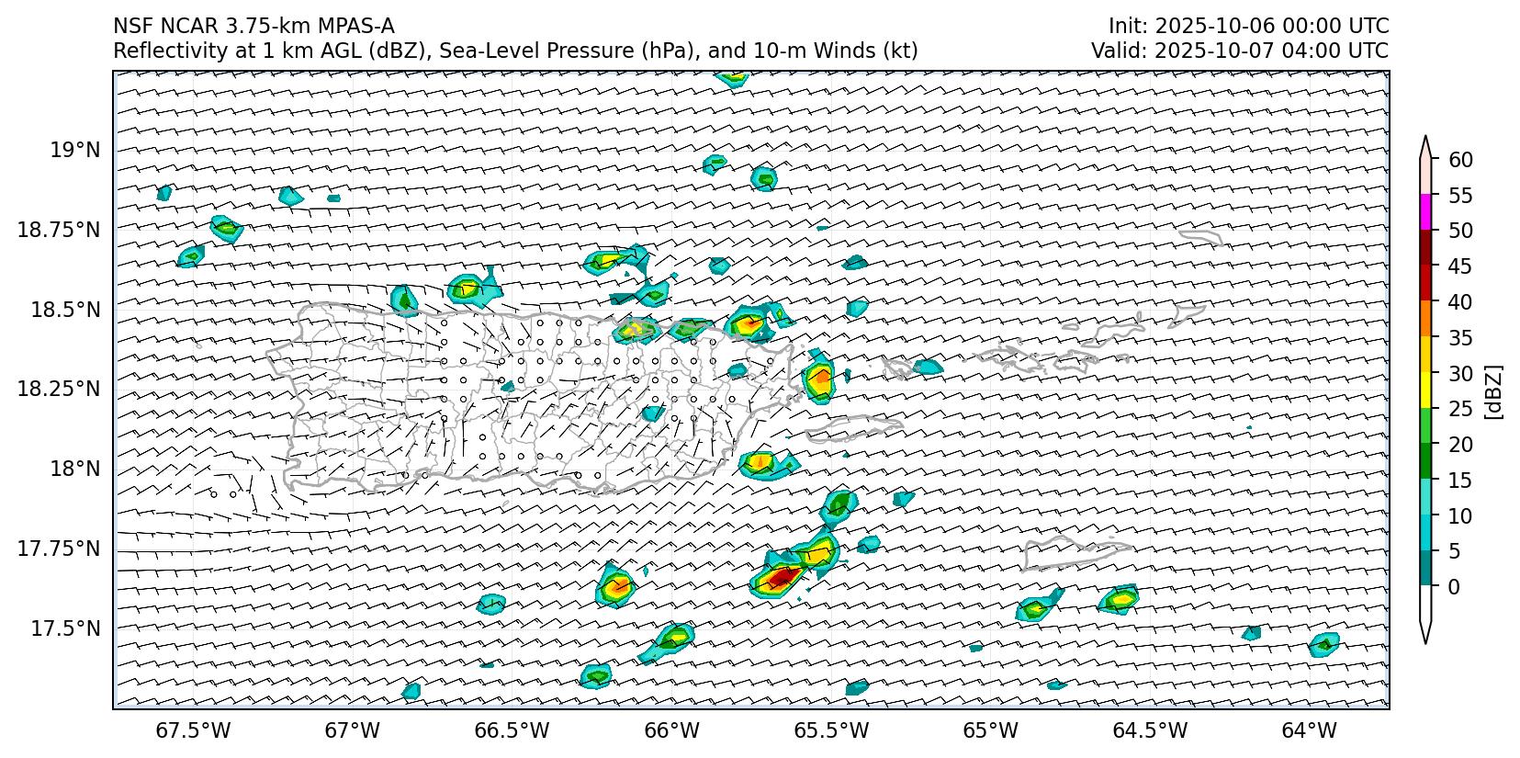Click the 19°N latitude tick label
tap(73, 150)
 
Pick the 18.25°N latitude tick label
tap(58, 389)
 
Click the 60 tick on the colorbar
tap(1460, 160)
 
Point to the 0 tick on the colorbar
tap(1454, 586)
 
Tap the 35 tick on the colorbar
tap(1460, 338)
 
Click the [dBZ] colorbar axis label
tap(1493, 392)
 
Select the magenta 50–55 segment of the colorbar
tap(1425, 212)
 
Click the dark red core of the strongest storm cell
tap(782, 577)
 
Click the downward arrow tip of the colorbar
tap(1425, 640)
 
